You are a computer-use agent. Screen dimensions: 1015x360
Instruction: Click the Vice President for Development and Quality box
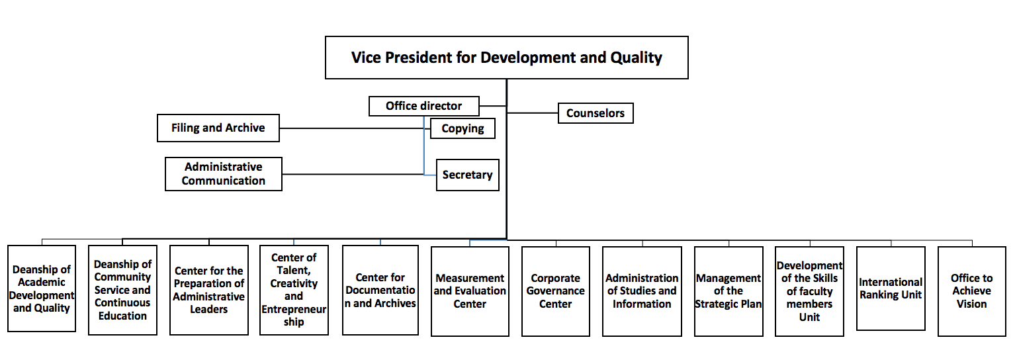[x=507, y=58]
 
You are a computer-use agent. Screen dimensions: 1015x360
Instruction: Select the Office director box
[x=423, y=106]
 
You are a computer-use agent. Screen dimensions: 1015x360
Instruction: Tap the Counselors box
[x=596, y=113]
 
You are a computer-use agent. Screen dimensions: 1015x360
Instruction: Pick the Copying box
[x=463, y=128]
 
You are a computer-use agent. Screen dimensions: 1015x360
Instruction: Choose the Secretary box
[x=468, y=175]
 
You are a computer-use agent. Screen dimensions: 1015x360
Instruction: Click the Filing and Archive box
[x=218, y=128]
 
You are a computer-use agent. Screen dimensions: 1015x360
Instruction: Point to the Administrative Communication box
[x=224, y=173]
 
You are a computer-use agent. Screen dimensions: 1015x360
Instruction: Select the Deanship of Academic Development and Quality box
[x=41, y=289]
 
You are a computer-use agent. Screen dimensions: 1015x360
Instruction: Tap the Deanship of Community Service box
[x=122, y=290]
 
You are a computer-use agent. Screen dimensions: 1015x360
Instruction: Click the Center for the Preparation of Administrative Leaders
[x=209, y=290]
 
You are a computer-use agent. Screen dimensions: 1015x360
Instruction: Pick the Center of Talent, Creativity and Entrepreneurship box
[x=294, y=290]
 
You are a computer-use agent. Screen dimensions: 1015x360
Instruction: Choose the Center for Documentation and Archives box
[x=380, y=290]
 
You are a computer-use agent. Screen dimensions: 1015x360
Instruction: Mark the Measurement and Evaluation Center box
[x=470, y=291]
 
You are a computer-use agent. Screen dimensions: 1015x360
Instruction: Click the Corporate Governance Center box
[x=556, y=291]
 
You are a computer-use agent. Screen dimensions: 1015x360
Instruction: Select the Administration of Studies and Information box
[x=642, y=291]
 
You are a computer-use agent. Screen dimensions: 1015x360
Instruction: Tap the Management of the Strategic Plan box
[x=728, y=291]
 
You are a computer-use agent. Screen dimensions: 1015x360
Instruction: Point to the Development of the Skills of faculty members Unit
[x=809, y=291]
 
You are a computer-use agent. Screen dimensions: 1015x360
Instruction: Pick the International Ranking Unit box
[x=891, y=289]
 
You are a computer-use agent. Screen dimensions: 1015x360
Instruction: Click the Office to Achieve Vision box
[x=971, y=291]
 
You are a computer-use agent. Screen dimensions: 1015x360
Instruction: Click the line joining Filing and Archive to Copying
[x=355, y=128]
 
